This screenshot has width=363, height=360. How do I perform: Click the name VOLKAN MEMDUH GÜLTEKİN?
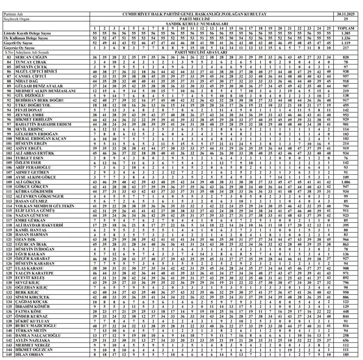(45, 206)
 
